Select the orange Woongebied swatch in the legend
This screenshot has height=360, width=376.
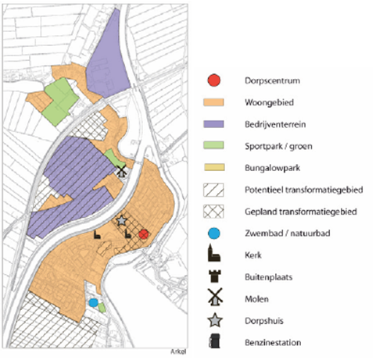(x=213, y=102)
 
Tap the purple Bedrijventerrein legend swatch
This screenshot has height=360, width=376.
(x=213, y=123)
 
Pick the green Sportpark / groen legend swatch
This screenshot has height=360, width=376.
(x=213, y=145)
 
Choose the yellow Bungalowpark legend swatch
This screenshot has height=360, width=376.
(x=213, y=167)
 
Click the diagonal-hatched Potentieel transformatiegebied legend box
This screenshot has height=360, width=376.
(x=213, y=189)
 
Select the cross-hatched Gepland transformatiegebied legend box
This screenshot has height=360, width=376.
(x=213, y=211)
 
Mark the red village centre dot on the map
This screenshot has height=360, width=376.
(x=143, y=233)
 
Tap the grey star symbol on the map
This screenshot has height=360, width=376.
(x=122, y=222)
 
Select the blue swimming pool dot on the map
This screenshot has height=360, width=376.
(x=93, y=302)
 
